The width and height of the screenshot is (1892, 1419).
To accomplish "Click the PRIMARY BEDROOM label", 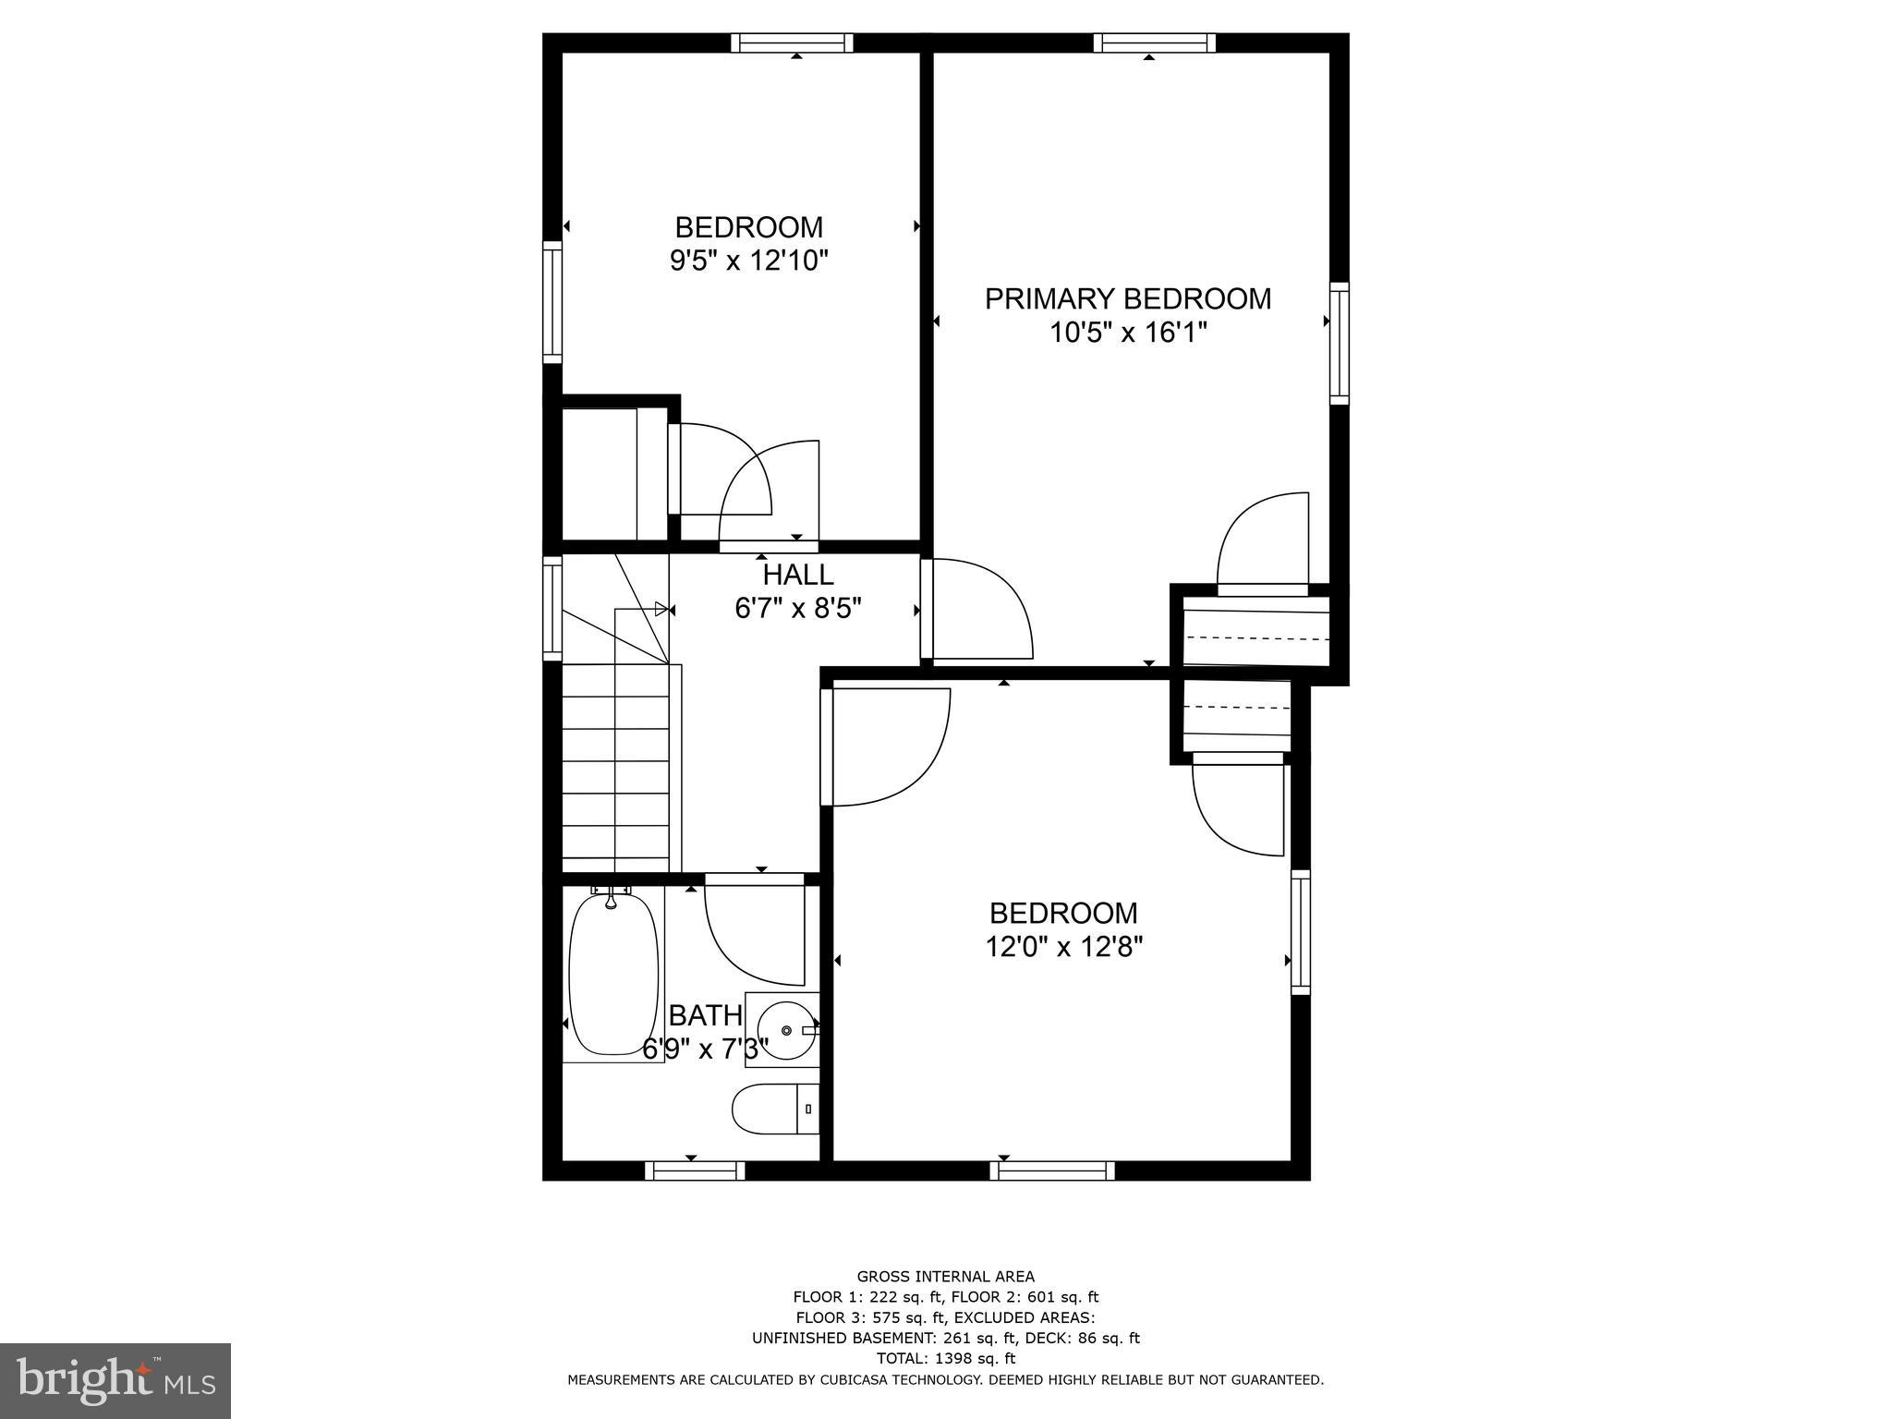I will (x=1127, y=299).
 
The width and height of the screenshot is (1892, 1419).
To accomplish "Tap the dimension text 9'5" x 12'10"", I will (x=748, y=261).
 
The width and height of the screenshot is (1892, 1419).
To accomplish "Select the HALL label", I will (x=798, y=575).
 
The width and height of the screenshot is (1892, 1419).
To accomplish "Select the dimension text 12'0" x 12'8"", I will (x=1063, y=947).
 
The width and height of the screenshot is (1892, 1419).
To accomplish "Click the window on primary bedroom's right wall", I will (x=1339, y=343).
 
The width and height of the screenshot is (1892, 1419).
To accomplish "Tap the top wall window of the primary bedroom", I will (x=1154, y=42).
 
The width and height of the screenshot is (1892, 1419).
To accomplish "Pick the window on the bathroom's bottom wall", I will (x=695, y=1171).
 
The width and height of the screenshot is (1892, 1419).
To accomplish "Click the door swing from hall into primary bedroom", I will (x=979, y=610).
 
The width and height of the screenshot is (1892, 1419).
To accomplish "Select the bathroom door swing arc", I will (x=753, y=933).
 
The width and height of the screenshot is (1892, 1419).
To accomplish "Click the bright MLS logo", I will (x=115, y=1381).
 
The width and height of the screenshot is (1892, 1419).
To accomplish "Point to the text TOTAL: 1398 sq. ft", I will (x=945, y=1358).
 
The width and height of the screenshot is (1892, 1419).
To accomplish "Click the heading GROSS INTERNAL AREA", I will (x=945, y=1278).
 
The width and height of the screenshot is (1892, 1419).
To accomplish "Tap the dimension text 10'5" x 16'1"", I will (x=1127, y=333).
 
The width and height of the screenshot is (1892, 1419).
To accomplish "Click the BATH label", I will (x=705, y=1015).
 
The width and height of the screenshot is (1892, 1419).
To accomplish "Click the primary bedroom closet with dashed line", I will (x=1256, y=633).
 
